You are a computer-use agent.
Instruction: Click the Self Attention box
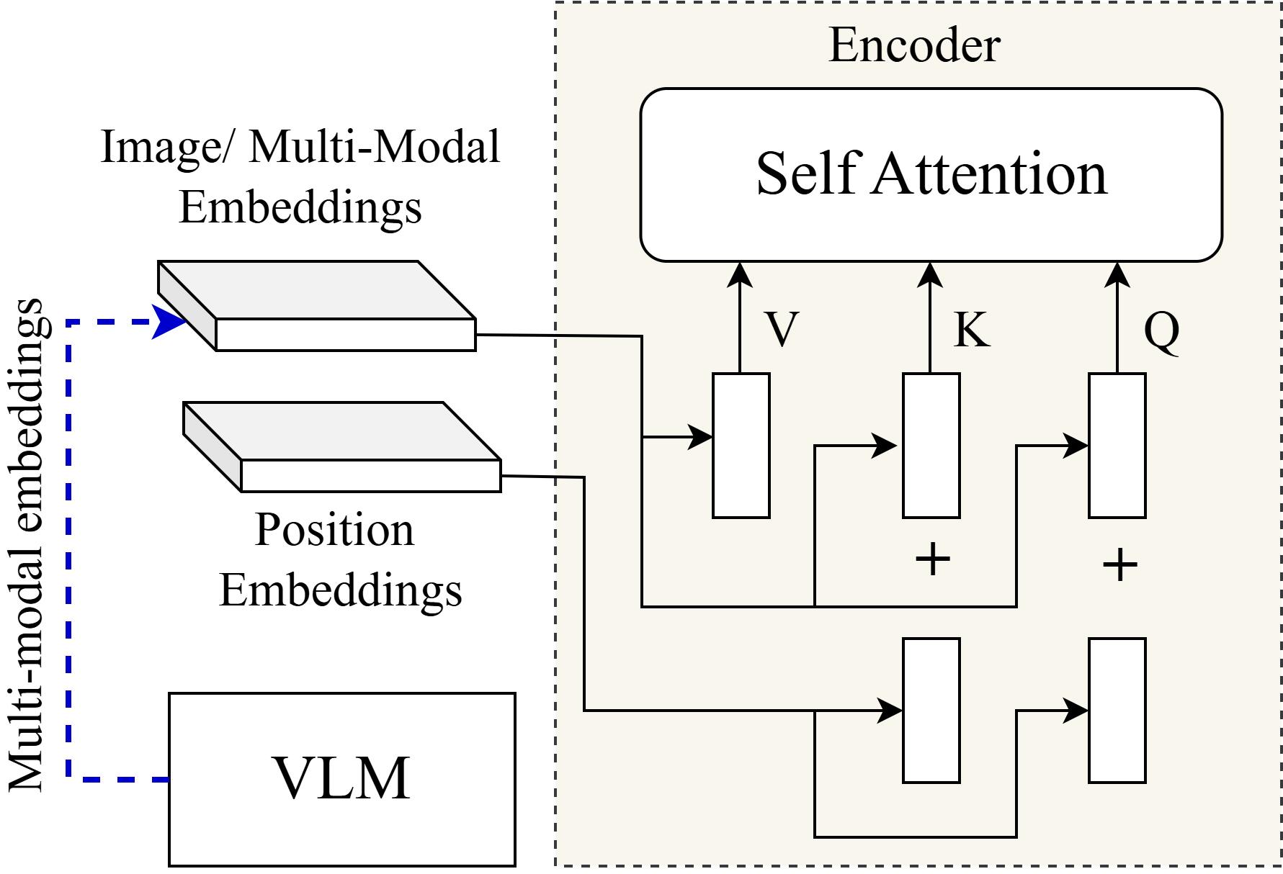(931, 175)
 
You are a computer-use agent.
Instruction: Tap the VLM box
(342, 779)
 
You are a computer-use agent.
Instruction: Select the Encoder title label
(914, 45)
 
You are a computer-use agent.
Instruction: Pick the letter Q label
(1161, 331)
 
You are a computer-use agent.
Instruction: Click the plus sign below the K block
(933, 559)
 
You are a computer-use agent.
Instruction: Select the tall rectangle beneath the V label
(741, 446)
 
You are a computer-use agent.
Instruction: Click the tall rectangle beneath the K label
(931, 446)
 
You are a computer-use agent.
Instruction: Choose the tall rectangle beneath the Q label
(1117, 446)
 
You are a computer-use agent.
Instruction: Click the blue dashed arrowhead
(169, 322)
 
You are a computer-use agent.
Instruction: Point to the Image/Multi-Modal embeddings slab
(317, 306)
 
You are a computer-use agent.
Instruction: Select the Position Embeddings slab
(342, 447)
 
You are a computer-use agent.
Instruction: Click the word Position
(334, 530)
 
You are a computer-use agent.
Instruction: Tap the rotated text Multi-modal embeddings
(26, 545)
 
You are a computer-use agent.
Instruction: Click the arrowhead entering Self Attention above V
(740, 275)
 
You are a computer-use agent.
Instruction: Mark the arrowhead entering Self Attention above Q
(1117, 275)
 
